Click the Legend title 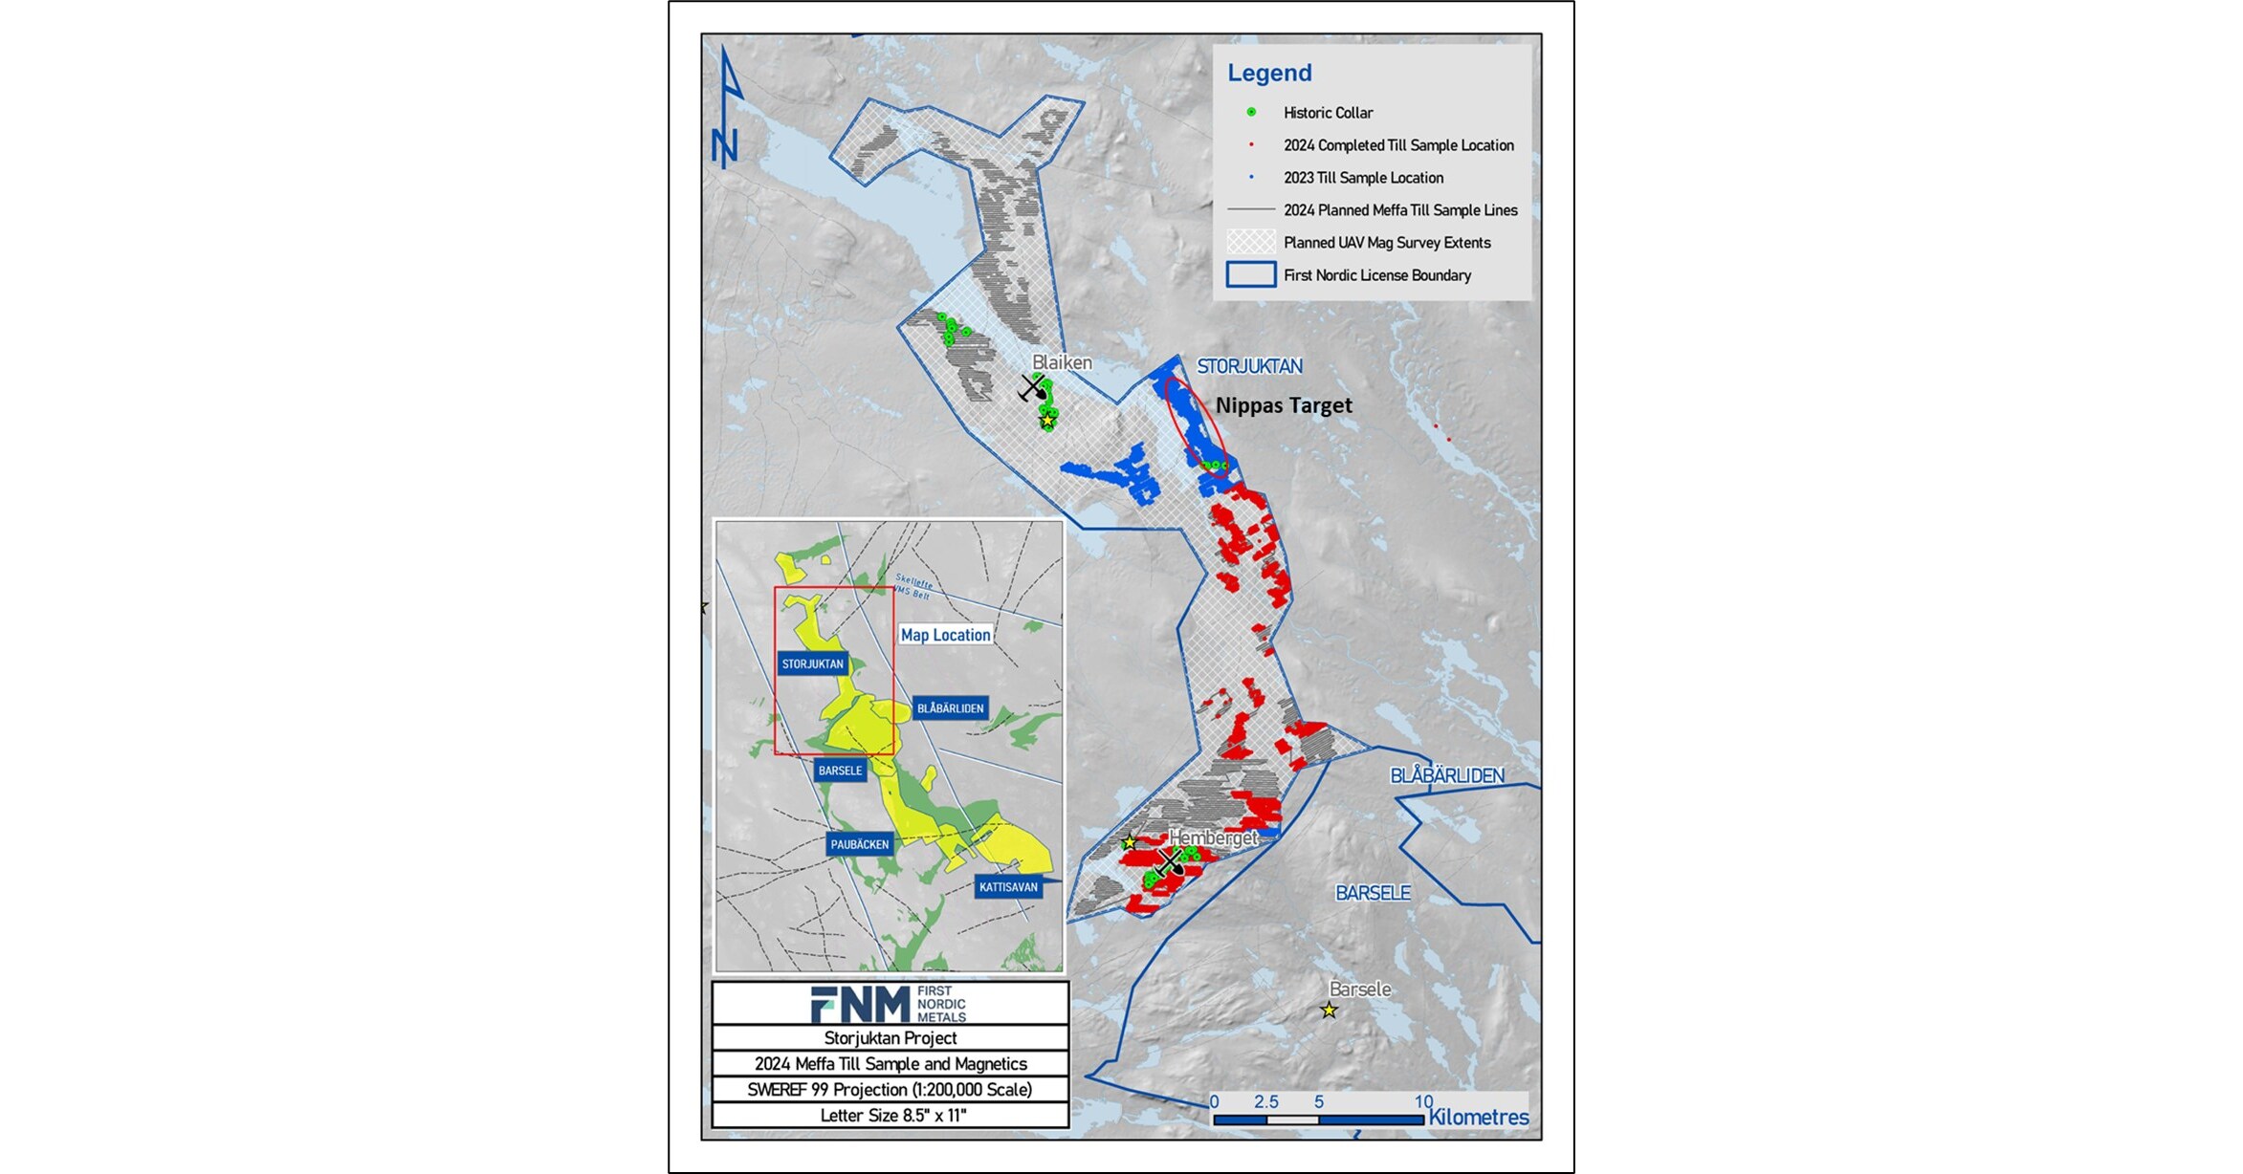coord(1269,73)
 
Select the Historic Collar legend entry coord(1328,113)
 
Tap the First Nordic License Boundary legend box coord(1250,275)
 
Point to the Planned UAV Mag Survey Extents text coord(1387,243)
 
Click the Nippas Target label coord(1284,405)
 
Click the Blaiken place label coord(1062,362)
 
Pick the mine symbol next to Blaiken coord(1032,388)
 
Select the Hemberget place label coord(1213,837)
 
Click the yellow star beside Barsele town coord(1329,1011)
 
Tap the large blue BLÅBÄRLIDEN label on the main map coord(1446,775)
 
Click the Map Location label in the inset coord(945,635)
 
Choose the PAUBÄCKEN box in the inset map coord(860,844)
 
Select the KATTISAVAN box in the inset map coord(1008,887)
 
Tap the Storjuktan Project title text coord(890,1038)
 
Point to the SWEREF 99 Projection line coord(890,1090)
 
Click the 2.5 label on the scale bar coord(1266,1102)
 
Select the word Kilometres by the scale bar coord(1478,1118)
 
